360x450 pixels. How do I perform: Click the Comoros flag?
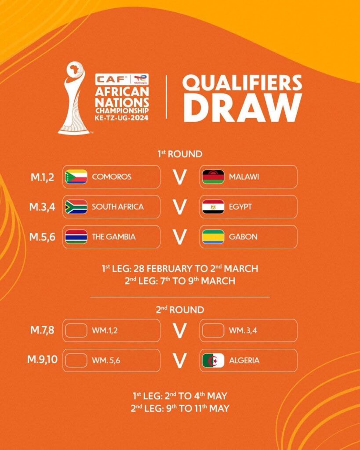pos(76,177)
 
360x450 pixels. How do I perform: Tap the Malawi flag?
pos(213,177)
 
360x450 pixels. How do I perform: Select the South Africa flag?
pos(76,207)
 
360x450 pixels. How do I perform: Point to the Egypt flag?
pos(213,207)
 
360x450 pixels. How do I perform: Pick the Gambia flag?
pos(76,237)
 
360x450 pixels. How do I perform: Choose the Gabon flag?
pos(213,237)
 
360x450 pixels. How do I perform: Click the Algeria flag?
pos(213,360)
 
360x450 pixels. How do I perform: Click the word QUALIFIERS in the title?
pos(242,82)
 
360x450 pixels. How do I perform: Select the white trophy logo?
pos(74,98)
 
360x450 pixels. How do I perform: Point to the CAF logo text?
pos(111,79)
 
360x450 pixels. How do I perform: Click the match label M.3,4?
pos(42,207)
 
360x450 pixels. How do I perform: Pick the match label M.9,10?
pos(42,359)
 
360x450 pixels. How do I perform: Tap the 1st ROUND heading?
pos(180,154)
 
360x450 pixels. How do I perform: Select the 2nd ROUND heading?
pos(180,310)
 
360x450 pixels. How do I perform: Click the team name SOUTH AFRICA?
pos(118,207)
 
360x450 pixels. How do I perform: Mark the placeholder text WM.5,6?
pos(106,360)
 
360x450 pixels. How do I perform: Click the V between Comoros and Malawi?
pos(180,177)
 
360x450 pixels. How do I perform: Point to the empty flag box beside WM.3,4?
pos(213,330)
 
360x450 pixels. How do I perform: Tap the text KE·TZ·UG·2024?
pos(122,118)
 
